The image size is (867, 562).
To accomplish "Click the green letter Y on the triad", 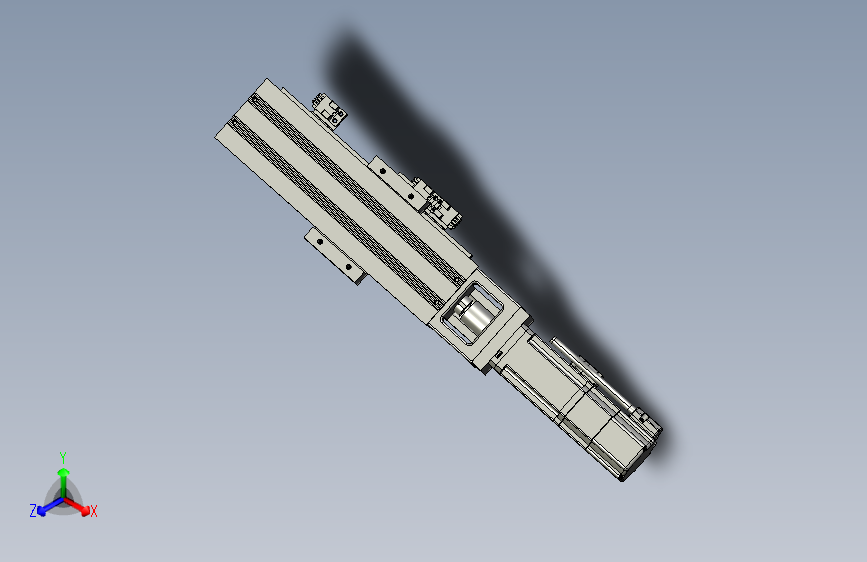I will coord(62,455).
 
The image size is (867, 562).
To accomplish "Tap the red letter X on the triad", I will coord(94,512).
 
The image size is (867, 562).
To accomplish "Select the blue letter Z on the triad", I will coord(33,511).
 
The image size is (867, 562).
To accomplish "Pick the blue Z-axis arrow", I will coord(46,505).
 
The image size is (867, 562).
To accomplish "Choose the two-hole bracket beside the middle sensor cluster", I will coord(393,174).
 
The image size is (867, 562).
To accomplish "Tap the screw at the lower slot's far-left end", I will coord(236,122).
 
